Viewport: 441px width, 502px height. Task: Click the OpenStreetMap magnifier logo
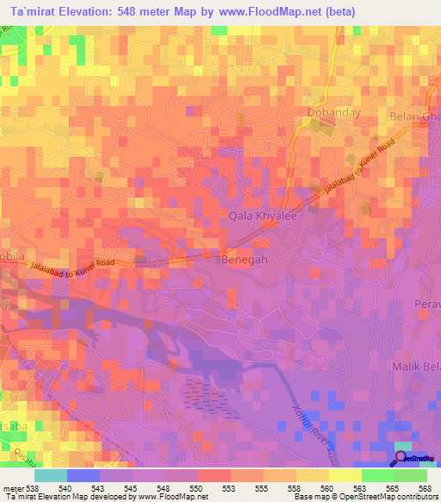402,458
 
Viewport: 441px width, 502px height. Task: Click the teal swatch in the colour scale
50,475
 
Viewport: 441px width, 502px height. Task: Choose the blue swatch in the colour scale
83,475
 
